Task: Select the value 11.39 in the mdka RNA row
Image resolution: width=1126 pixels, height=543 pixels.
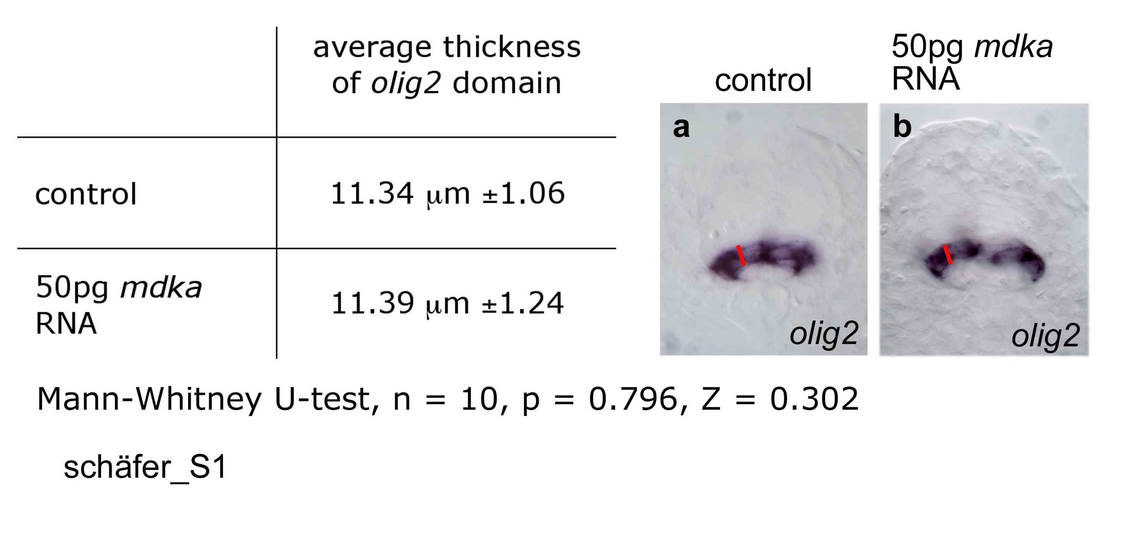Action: tap(372, 303)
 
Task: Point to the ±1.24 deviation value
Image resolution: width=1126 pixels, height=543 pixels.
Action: tap(523, 303)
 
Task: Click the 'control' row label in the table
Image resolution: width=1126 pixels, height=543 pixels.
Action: tap(86, 194)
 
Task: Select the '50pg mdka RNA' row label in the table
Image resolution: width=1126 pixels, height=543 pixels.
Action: tap(118, 305)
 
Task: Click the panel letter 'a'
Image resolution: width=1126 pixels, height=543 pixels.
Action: tap(681, 127)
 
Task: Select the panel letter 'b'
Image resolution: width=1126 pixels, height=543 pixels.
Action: tap(902, 126)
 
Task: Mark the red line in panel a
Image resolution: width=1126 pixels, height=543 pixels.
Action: tap(741, 256)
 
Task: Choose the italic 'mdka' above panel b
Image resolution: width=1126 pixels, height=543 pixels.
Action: tap(1014, 47)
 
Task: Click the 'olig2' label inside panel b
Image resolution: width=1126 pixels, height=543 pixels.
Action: tap(1045, 336)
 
